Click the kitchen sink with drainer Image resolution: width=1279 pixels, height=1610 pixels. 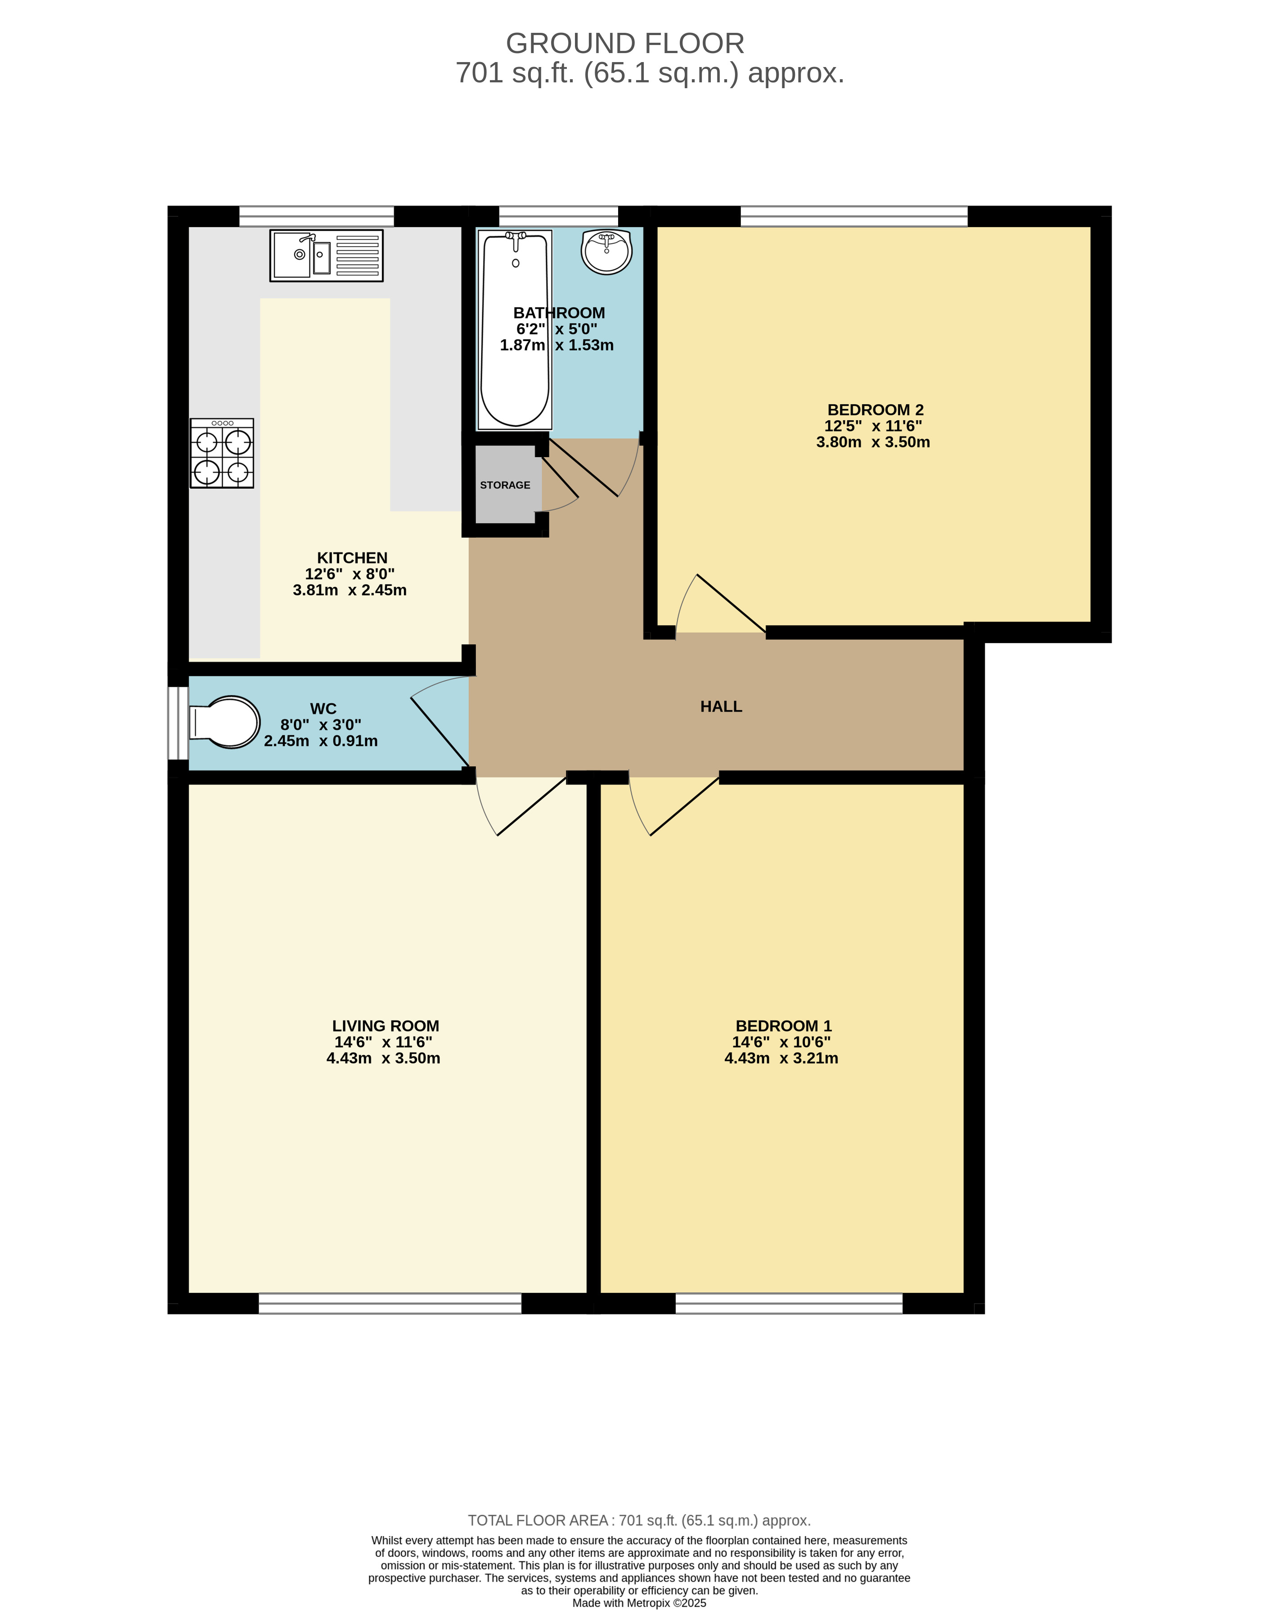[x=326, y=256]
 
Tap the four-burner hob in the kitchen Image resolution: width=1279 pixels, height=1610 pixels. [x=222, y=453]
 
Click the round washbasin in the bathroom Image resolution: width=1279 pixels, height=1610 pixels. [x=606, y=252]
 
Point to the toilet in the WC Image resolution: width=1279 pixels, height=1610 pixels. [x=224, y=722]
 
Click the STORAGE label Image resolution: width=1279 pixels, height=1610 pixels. [x=505, y=486]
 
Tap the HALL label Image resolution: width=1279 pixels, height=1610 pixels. [x=721, y=706]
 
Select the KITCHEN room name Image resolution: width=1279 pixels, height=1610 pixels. [x=352, y=558]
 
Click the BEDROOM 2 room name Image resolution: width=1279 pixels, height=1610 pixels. [x=875, y=410]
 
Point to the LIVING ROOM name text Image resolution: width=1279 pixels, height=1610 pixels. [x=385, y=1026]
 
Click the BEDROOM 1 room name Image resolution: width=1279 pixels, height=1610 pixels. [x=783, y=1026]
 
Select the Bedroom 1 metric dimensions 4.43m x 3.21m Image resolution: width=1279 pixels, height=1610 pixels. [x=781, y=1058]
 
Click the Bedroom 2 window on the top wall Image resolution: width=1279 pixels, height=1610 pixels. [x=853, y=216]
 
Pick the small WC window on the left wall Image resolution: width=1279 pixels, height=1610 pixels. [x=178, y=723]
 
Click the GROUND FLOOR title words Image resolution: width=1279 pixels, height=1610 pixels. [x=625, y=43]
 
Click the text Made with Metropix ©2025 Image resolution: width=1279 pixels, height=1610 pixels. [x=639, y=1602]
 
